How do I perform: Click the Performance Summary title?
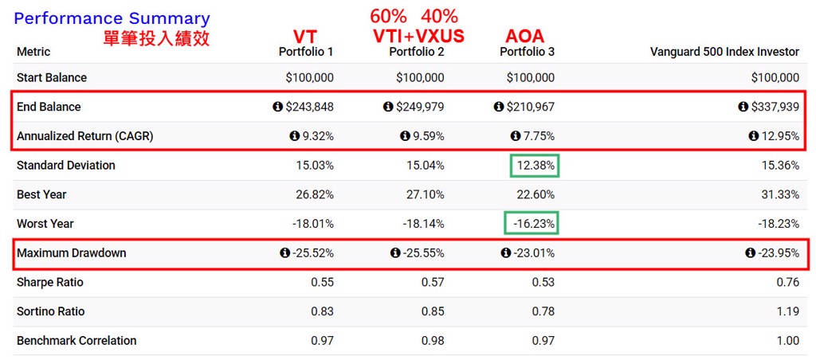coord(112,18)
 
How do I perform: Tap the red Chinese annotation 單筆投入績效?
coord(156,38)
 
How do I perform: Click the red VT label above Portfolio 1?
coord(305,37)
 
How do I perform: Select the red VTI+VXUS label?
coord(418,37)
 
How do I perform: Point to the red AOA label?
coord(525,37)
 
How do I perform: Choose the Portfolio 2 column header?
coord(416,52)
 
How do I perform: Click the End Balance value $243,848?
coord(309,107)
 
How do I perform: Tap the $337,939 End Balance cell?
coord(775,107)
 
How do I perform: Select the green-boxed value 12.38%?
coord(535,166)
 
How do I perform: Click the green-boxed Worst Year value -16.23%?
coord(532,224)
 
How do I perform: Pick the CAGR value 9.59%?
coord(428,136)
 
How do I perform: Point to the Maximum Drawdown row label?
coord(71,253)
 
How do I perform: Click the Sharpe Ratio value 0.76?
coord(787,283)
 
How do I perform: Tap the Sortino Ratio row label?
coord(50,311)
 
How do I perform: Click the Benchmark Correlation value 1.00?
coord(787,341)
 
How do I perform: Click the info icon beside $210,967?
coord(499,107)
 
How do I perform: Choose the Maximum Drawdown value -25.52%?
coord(312,253)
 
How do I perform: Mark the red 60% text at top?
coord(389,16)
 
